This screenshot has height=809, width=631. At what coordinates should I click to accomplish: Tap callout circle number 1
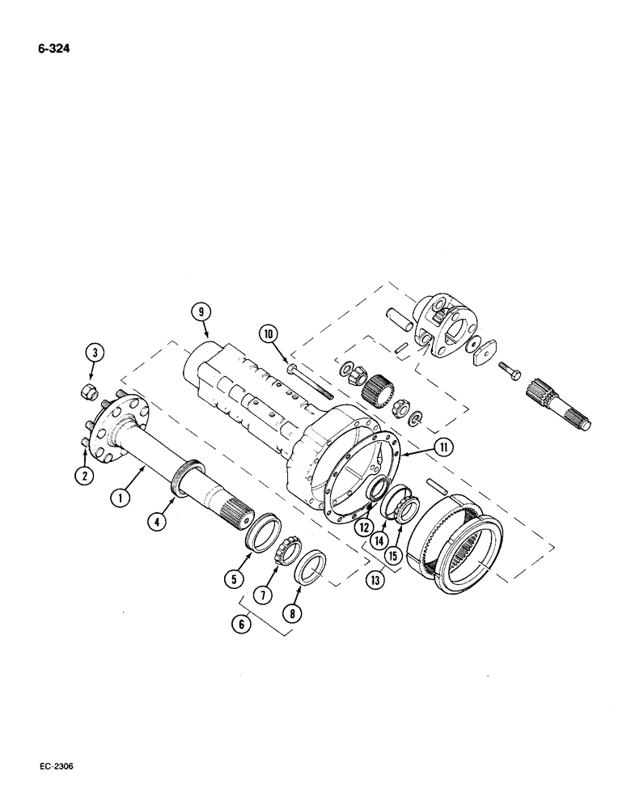(119, 499)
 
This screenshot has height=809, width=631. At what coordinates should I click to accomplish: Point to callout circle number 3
(95, 352)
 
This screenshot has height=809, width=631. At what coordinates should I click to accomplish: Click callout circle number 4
(160, 523)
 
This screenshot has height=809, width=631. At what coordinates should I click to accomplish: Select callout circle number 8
(294, 614)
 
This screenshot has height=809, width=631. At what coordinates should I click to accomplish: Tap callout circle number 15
(395, 557)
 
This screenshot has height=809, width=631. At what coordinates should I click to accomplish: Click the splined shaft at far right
(560, 404)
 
